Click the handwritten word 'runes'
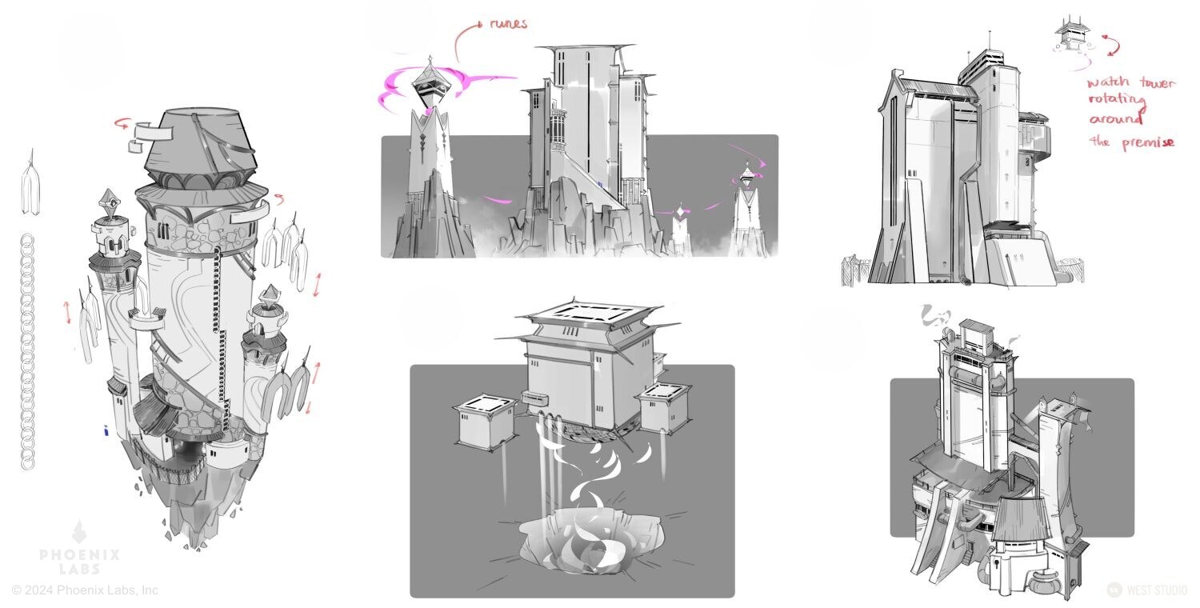tap(508, 23)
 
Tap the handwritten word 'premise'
tap(1148, 143)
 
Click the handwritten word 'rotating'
tap(1118, 100)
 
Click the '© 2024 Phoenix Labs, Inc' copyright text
tap(85, 590)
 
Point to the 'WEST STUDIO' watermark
tap(1147, 590)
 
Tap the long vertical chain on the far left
tap(27, 352)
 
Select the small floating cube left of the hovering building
tap(486, 422)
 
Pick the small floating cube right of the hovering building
tap(663, 408)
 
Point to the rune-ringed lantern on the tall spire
tap(430, 86)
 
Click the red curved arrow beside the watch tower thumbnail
tap(1111, 45)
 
